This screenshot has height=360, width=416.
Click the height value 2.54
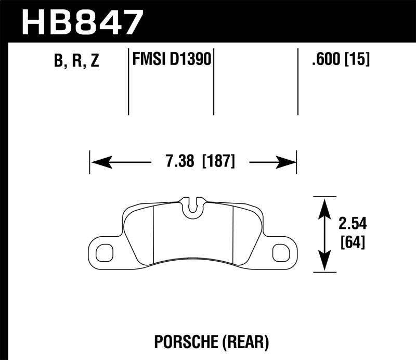pyautogui.click(x=353, y=224)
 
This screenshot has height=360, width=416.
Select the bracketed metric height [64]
pyautogui.click(x=352, y=242)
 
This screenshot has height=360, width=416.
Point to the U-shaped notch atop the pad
pyautogui.click(x=193, y=206)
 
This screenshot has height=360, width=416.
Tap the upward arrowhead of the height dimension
pyautogui.click(x=324, y=205)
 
